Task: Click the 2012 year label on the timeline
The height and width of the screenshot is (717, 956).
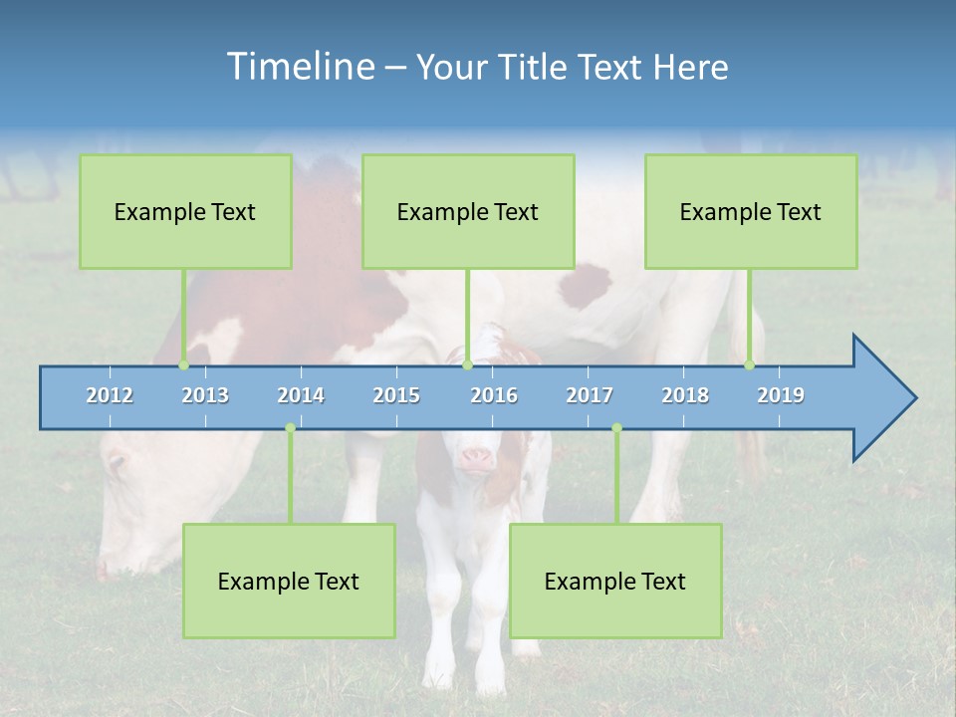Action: point(110,395)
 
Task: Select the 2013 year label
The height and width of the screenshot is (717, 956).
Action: point(205,395)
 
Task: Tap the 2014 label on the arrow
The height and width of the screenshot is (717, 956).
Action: point(301,395)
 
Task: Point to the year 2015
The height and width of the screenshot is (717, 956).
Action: point(396,395)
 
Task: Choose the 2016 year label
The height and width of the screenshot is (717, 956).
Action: point(494,395)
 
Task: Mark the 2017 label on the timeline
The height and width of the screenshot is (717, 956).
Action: point(590,395)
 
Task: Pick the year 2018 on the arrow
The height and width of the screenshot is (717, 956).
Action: point(685,395)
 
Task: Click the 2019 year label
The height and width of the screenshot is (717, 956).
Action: point(781,395)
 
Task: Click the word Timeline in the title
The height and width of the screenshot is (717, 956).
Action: point(299,67)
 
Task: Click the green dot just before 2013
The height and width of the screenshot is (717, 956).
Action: point(184,365)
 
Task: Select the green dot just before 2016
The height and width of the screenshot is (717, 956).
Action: point(468,365)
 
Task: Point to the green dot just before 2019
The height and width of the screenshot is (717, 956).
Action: point(750,365)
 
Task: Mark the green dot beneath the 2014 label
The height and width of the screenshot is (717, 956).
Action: point(290,428)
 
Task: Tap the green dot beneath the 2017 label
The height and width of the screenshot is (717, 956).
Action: point(616,428)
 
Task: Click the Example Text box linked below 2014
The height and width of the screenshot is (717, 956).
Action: point(289,581)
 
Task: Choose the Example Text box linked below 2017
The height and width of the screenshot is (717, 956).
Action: point(615,581)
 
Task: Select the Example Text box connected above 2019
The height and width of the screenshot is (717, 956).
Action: point(751,211)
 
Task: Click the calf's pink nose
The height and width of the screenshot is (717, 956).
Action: point(476,458)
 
